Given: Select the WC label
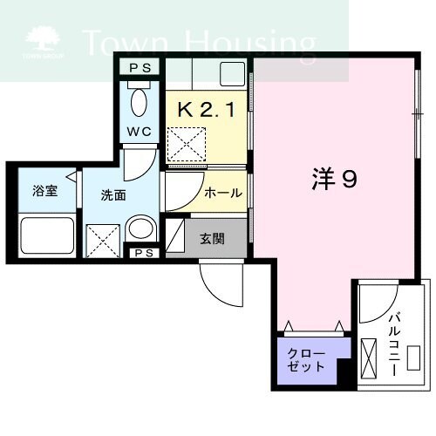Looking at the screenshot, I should tap(140, 132).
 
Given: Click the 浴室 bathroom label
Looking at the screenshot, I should tap(45, 191).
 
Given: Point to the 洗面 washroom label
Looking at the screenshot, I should tap(113, 195).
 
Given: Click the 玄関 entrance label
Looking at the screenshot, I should tap(212, 238).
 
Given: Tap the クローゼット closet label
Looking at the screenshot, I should tap(308, 359).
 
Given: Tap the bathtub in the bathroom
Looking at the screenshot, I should tap(47, 235).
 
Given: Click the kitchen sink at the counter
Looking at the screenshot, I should tap(232, 73).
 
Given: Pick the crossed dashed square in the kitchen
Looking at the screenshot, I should tap(187, 143).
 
